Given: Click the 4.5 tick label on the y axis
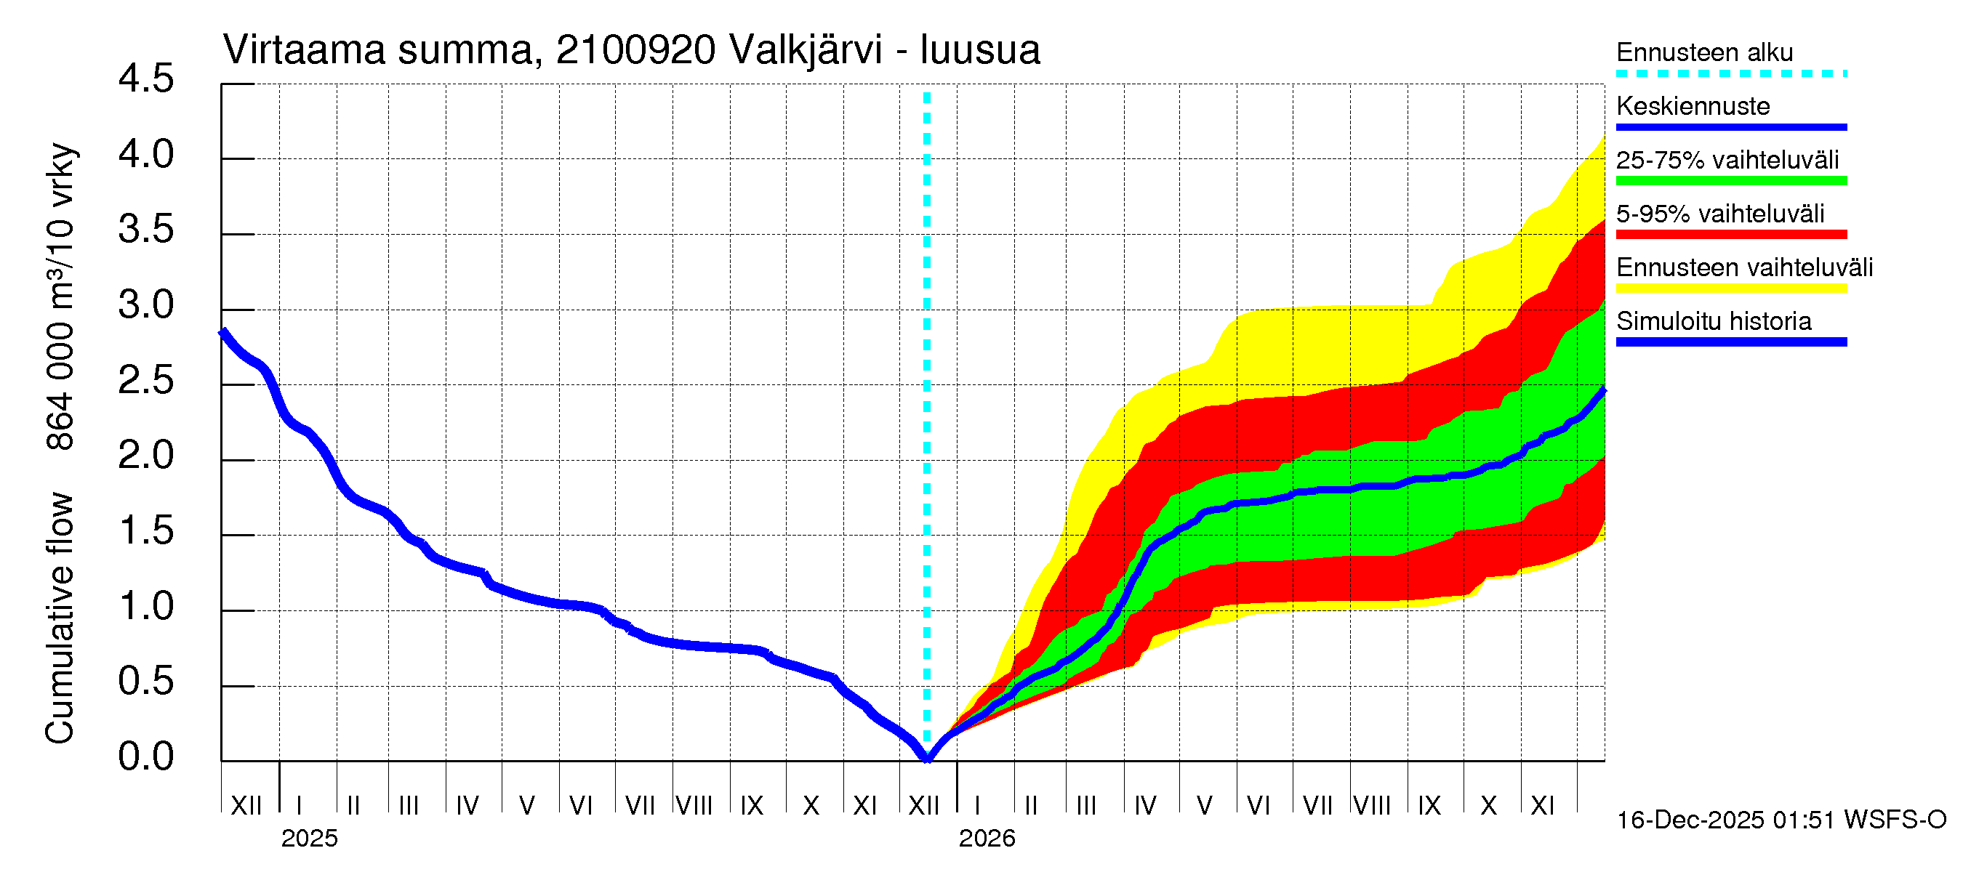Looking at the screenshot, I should tap(145, 79).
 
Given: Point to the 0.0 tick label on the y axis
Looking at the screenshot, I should tap(145, 757).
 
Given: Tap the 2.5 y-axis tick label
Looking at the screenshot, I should tap(145, 381).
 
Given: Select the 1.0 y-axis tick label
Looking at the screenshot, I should tap(145, 607).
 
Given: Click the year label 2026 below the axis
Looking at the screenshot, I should tap(987, 839).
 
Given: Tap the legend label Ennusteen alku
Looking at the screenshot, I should tap(1705, 52).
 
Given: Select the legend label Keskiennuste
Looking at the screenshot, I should tap(1693, 106).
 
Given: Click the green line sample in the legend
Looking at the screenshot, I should tap(1731, 181).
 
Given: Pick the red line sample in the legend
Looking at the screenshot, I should tap(1731, 235).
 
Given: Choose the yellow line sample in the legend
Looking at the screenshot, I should tap(1731, 288).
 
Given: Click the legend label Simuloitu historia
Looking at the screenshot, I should tap(1714, 321).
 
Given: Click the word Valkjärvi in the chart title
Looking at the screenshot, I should tap(806, 50).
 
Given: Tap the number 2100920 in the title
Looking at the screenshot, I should tap(635, 50).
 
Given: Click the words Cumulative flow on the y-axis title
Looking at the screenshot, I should tap(60, 618).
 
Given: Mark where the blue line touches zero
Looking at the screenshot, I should tap(928, 759).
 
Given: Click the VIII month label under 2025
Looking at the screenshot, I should tap(694, 805).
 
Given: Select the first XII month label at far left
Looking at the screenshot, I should tap(246, 805).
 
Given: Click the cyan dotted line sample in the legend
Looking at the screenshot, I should tap(1731, 74).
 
